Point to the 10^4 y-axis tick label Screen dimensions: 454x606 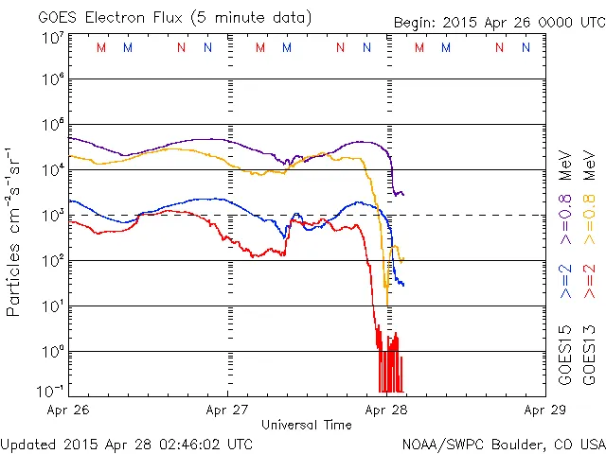coord(52,169)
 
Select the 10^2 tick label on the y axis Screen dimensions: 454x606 coord(52,260)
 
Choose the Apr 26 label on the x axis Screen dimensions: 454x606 coord(67,410)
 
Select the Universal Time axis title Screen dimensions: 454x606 coord(306,425)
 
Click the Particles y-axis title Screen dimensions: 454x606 coord(14,273)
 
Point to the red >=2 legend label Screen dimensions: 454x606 coord(588,282)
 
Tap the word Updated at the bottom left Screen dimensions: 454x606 coord(29,444)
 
